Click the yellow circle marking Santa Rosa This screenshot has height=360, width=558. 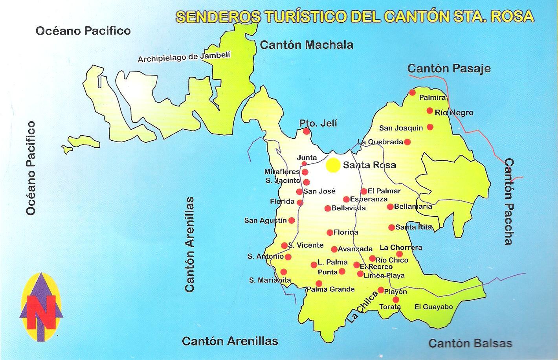[333, 165]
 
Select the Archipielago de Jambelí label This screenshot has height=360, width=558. [184, 57]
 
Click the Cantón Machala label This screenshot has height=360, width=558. [307, 45]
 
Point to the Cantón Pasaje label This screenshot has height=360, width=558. [449, 68]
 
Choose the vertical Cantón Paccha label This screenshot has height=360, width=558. [509, 202]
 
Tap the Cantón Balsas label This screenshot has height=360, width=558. [470, 343]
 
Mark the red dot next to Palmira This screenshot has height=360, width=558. [412, 92]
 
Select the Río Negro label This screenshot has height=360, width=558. [454, 113]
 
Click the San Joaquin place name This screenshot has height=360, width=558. [401, 128]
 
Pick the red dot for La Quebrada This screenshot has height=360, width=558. [407, 142]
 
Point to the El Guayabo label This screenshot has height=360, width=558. [434, 307]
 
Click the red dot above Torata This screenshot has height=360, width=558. [396, 299]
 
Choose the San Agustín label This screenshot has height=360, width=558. [266, 220]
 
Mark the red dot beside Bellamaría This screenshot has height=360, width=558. [390, 207]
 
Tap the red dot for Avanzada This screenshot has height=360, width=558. [334, 249]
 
